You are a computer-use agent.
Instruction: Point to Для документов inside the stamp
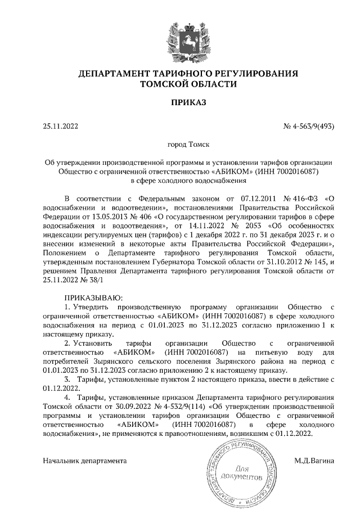point(241,472)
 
